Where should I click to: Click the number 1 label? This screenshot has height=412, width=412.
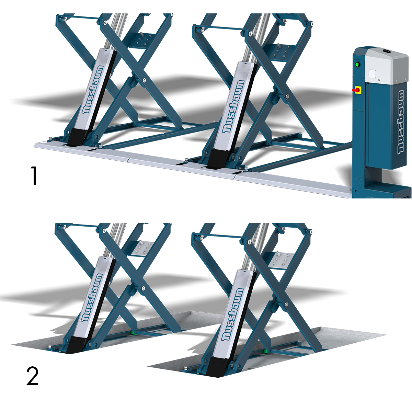pyautogui.click(x=34, y=175)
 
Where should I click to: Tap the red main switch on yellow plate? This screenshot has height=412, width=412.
pyautogui.click(x=357, y=90)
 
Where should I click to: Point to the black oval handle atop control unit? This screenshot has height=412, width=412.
pyautogui.click(x=387, y=51)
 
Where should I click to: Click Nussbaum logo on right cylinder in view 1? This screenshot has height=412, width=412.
pyautogui.click(x=233, y=106)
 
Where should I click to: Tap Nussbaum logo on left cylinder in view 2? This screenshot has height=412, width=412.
pyautogui.click(x=90, y=297)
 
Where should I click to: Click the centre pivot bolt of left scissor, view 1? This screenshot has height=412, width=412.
pyautogui.click(x=144, y=80)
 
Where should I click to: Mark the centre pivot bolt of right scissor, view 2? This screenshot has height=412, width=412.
pyautogui.click(x=286, y=304)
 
